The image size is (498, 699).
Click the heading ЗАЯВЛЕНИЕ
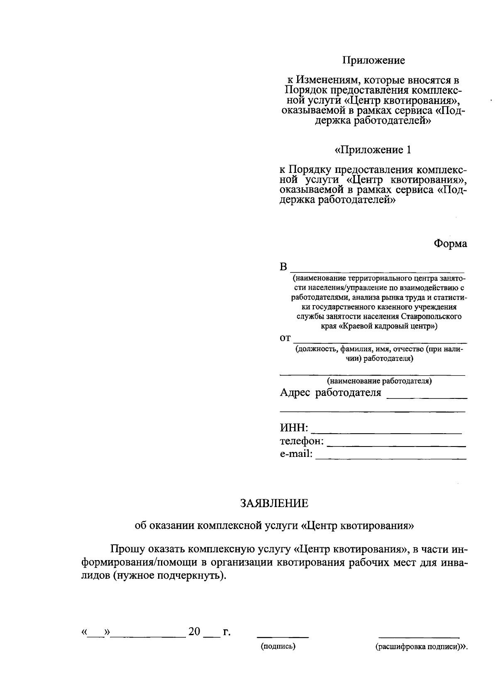[x=275, y=503]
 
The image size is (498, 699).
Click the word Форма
[x=450, y=244]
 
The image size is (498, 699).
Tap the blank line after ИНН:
[x=386, y=432]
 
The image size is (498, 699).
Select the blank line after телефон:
[x=396, y=446]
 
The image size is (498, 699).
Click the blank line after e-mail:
[x=391, y=459]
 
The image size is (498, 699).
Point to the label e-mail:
[x=296, y=454]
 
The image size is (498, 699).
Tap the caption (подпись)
[x=278, y=646]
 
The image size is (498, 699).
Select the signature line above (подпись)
[x=283, y=636]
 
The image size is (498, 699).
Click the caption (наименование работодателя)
[x=379, y=381]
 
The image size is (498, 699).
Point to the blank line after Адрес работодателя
[x=427, y=398]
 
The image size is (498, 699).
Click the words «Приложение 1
[x=373, y=150]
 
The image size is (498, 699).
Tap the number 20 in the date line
[x=194, y=631]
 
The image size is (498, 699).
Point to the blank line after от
[x=380, y=342]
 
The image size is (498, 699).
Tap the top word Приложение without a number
[x=373, y=61]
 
